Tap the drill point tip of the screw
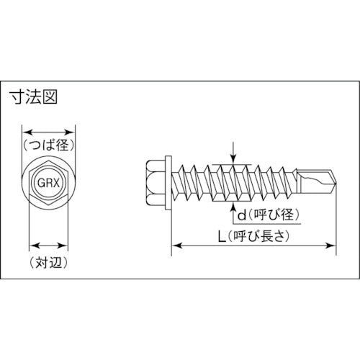333,177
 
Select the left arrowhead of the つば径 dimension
26,132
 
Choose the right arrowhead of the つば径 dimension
73,132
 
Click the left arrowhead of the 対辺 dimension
31,243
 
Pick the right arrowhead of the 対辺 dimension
68,243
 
